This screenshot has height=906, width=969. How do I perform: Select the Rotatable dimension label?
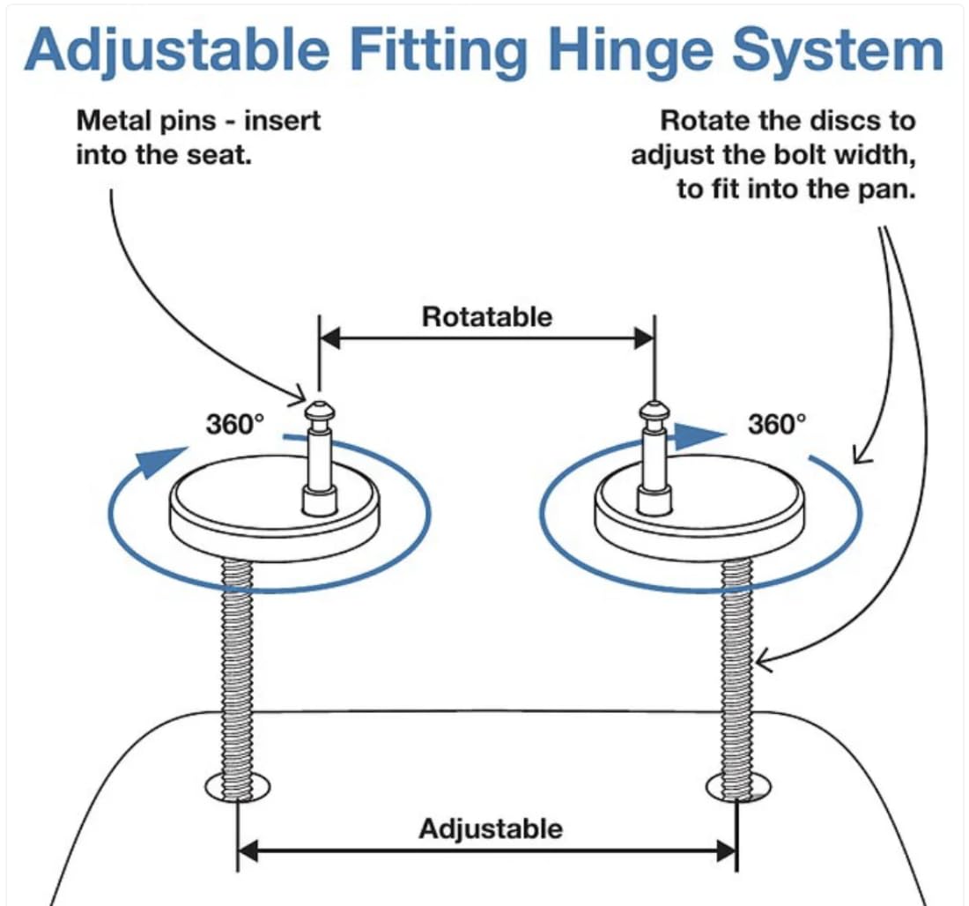tap(486, 316)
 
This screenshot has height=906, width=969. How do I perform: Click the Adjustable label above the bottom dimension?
tap(490, 828)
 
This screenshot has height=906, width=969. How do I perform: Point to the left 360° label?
tap(234, 424)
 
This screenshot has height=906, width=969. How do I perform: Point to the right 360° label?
tap(777, 424)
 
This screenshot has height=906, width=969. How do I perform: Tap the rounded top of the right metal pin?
tap(653, 412)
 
